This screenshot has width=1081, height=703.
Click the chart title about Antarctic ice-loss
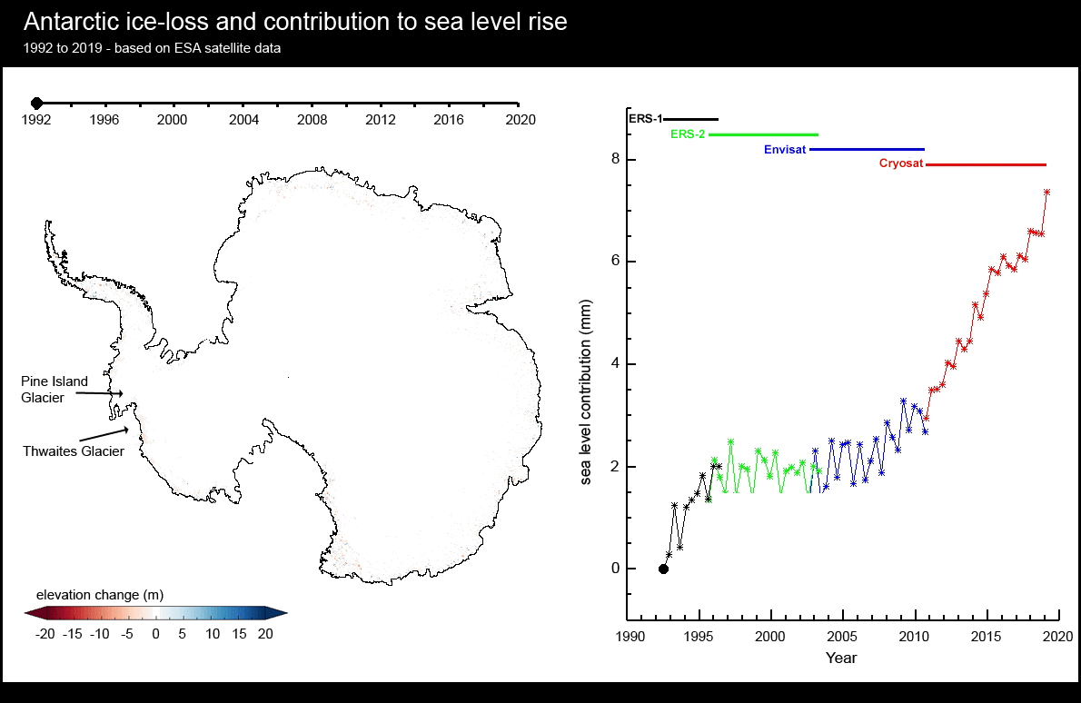[296, 22]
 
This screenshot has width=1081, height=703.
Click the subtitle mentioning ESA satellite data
[153, 48]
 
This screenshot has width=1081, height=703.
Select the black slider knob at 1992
[36, 104]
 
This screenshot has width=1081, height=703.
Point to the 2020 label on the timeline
[520, 120]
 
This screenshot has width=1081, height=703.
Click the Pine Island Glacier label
[55, 390]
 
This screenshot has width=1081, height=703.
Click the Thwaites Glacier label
[74, 451]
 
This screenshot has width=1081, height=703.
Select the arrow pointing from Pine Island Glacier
[98, 393]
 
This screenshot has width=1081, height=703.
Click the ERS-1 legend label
[645, 119]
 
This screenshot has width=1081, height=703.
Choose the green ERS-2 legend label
[687, 134]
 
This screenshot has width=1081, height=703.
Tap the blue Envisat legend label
[785, 149]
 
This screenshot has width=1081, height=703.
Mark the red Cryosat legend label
[900, 164]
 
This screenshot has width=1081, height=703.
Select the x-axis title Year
[840, 658]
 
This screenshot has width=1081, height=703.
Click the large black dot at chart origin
[663, 569]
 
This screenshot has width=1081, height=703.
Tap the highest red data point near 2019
[1046, 192]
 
